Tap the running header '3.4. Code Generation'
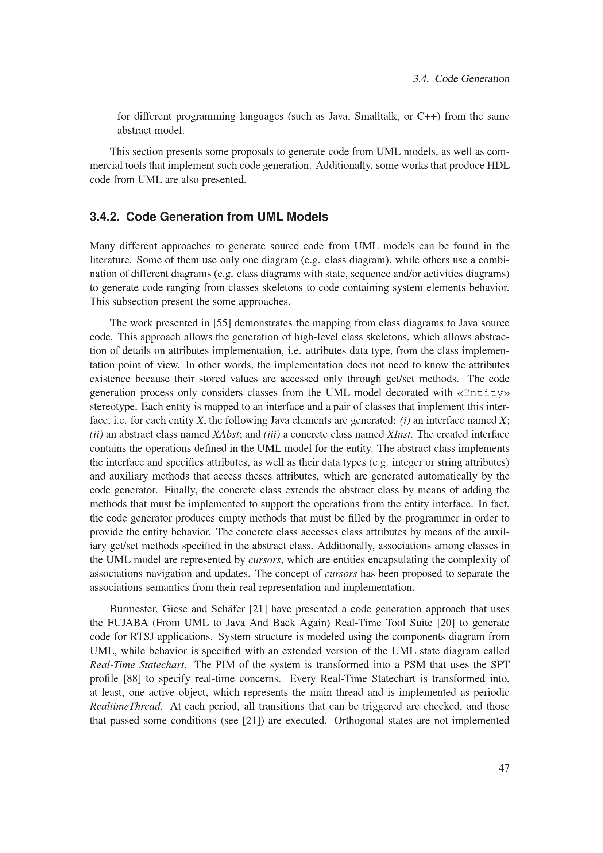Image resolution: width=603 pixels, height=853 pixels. [x=461, y=79]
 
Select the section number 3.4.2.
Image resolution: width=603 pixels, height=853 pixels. [x=105, y=217]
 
